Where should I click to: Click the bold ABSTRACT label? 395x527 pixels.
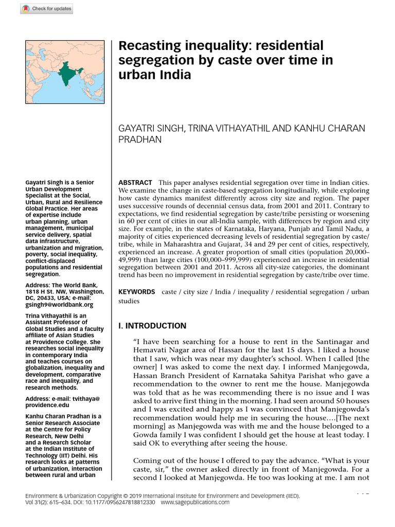click(x=135, y=183)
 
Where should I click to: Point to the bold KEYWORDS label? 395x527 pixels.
click(x=137, y=292)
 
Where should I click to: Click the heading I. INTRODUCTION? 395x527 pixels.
click(x=152, y=326)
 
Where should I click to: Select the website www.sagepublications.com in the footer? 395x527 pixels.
click(x=195, y=502)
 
